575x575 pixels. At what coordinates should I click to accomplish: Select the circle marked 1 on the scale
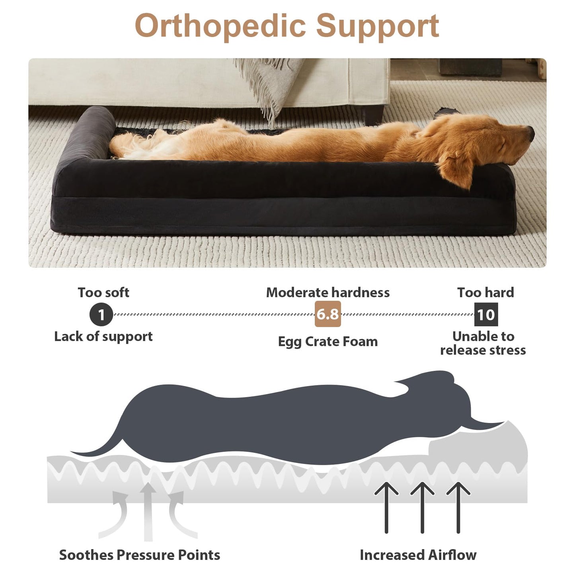coord(101,314)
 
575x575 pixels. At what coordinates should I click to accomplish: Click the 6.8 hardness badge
coord(327,314)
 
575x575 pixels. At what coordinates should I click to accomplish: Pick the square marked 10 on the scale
coord(486,314)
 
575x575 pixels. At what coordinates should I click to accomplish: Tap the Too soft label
coord(103,293)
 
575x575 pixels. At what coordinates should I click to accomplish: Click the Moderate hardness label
coord(327,293)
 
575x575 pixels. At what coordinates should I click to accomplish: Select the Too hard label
coord(485,293)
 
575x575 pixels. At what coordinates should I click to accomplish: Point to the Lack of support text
coord(103,337)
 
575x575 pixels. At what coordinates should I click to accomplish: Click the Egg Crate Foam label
coord(327,341)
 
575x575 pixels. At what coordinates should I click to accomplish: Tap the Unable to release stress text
coord(483,343)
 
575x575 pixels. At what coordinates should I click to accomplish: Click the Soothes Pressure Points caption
coord(139,555)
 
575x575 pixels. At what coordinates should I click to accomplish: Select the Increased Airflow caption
coord(418,555)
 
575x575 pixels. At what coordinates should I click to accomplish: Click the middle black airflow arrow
coord(422,507)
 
